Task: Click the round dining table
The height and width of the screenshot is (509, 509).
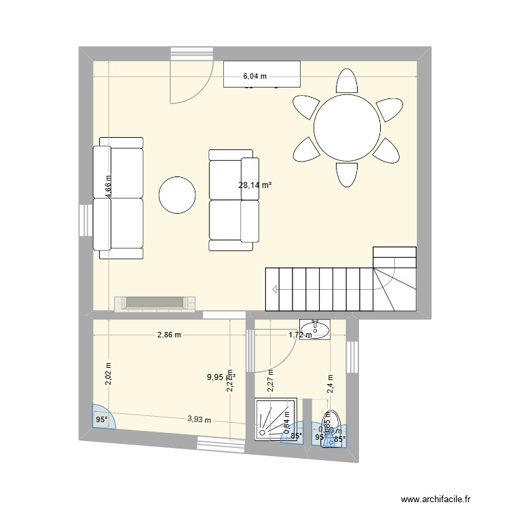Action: [x=346, y=128]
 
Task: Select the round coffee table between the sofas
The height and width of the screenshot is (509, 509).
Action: [x=178, y=195]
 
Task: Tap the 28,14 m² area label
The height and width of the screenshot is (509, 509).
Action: [x=254, y=184]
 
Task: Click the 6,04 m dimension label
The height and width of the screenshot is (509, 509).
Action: [x=255, y=77]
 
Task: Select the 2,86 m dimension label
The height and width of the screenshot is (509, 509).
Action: [x=169, y=335]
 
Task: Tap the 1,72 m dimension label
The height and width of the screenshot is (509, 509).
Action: [x=300, y=335]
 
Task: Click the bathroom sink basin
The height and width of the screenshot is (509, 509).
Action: [x=314, y=331]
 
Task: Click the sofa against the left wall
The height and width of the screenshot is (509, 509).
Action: [x=119, y=198]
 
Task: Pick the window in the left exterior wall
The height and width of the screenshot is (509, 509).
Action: [x=85, y=220]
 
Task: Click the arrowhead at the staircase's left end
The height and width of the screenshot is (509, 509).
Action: [x=274, y=290]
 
